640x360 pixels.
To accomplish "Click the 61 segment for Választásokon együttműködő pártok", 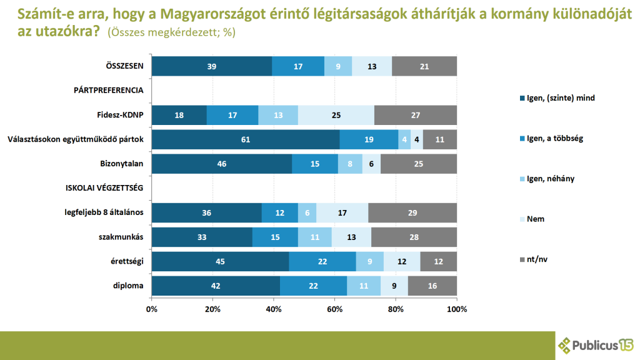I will click(245, 139).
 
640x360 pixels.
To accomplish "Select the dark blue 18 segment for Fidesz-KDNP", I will click(179, 115).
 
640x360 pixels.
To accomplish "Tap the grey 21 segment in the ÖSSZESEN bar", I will click(424, 66).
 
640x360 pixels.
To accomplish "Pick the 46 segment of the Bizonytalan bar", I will click(221, 163).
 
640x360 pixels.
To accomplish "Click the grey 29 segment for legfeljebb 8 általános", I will click(412, 212).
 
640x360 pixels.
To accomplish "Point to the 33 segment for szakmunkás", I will click(202, 237).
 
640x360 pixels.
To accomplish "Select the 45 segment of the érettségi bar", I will click(220, 261).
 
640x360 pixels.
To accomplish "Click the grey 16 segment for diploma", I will click(432, 286).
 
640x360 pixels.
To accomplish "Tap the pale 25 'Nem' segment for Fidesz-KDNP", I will click(336, 115).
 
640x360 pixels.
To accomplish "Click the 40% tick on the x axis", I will click(274, 309).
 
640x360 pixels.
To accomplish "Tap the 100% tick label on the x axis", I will click(457, 309).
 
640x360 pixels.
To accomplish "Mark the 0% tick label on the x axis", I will click(152, 309).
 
